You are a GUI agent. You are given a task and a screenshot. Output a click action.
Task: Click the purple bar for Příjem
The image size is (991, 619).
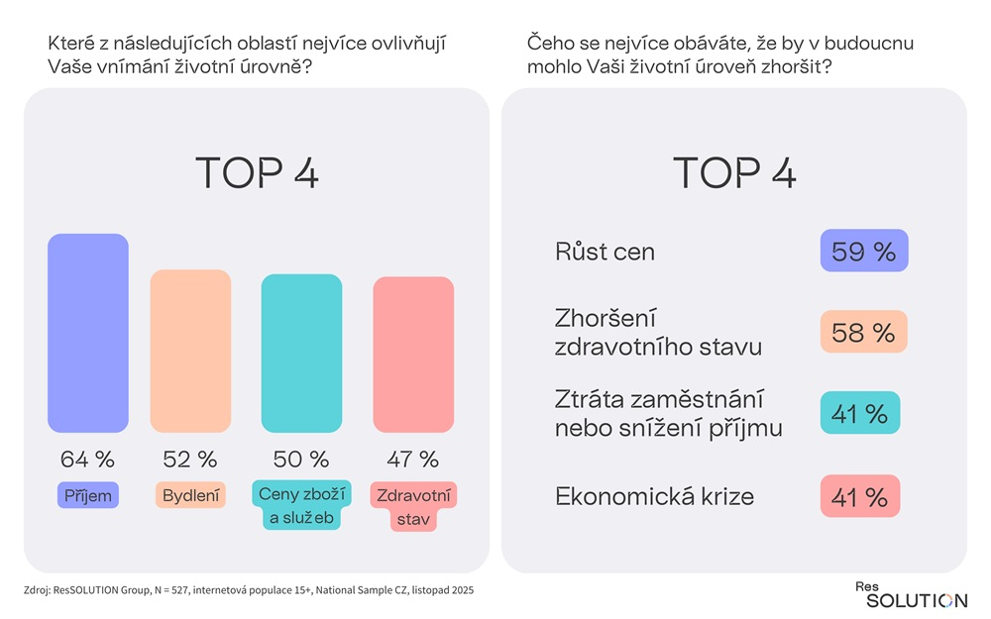coord(88,333)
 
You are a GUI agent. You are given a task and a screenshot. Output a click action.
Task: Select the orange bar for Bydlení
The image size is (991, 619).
coord(190,351)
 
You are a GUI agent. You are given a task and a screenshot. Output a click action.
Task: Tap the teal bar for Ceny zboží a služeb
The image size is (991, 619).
coord(301,354)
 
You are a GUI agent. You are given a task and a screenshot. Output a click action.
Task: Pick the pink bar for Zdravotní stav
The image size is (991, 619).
coord(413,355)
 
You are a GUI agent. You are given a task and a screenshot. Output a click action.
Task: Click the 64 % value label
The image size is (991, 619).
coord(87,460)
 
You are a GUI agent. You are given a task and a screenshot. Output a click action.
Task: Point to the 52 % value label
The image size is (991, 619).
coord(189,460)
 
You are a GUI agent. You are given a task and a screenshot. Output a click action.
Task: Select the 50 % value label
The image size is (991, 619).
coord(301,460)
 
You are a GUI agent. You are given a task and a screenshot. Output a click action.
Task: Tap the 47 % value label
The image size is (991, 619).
coord(413,460)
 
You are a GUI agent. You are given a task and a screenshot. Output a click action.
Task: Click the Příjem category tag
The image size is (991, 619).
coord(88,494)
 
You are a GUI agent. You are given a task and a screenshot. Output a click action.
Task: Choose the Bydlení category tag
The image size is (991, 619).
coord(190,494)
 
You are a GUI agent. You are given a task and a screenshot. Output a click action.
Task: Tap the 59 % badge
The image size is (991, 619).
coord(864,252)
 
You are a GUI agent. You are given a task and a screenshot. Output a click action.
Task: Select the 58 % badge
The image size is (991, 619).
coord(864,333)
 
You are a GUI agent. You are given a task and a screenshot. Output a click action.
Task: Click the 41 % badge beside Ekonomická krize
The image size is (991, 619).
coord(860,496)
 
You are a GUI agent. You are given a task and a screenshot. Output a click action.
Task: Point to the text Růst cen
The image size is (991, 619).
coord(605,252)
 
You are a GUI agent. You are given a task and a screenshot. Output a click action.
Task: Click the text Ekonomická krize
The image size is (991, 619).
coord(654,496)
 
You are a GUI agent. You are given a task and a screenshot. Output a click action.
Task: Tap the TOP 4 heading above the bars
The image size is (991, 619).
coord(257,172)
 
